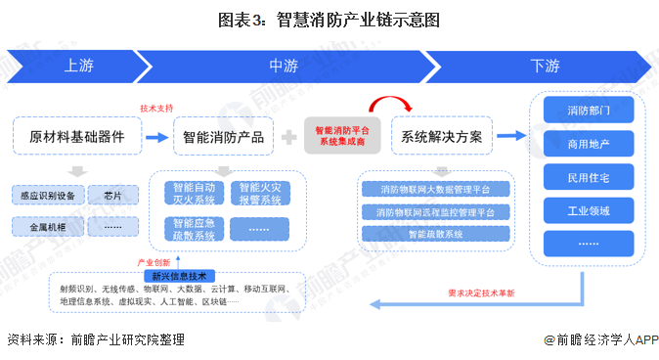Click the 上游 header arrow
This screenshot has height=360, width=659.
tap(78, 67)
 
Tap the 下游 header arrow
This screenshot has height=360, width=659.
tap(545, 67)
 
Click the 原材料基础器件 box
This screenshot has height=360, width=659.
tap(77, 136)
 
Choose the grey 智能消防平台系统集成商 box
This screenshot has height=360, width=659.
tap(342, 135)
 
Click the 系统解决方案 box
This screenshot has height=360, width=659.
tap(441, 136)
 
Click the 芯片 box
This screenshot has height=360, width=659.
tap(113, 196)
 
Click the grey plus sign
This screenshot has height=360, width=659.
tap(289, 137)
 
